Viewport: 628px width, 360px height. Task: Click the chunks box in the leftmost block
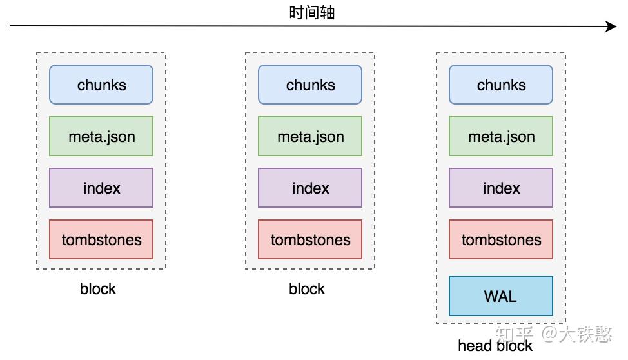pyautogui.click(x=101, y=85)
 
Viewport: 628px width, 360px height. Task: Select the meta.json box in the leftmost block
pyautogui.click(x=101, y=136)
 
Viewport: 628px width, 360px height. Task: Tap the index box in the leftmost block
pyautogui.click(x=101, y=188)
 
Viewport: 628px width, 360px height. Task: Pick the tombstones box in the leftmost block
pyautogui.click(x=101, y=239)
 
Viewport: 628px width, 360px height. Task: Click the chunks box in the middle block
pyautogui.click(x=310, y=85)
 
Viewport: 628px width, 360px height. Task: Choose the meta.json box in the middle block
pyautogui.click(x=310, y=136)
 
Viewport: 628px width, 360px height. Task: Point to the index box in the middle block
pyautogui.click(x=310, y=188)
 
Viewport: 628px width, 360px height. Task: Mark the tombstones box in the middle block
pyautogui.click(x=310, y=239)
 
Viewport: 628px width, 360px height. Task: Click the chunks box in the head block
pyautogui.click(x=501, y=85)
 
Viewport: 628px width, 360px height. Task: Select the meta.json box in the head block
pyautogui.click(x=501, y=136)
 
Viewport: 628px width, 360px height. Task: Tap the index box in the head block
pyautogui.click(x=501, y=188)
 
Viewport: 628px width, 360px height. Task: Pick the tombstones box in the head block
pyautogui.click(x=501, y=239)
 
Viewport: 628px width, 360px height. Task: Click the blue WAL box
pyautogui.click(x=501, y=296)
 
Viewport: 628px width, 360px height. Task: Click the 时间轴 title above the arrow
pyautogui.click(x=311, y=12)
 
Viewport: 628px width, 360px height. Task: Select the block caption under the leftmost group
pyautogui.click(x=98, y=288)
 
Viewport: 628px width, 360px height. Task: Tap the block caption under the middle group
pyautogui.click(x=307, y=288)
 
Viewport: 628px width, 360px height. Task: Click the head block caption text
pyautogui.click(x=495, y=346)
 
